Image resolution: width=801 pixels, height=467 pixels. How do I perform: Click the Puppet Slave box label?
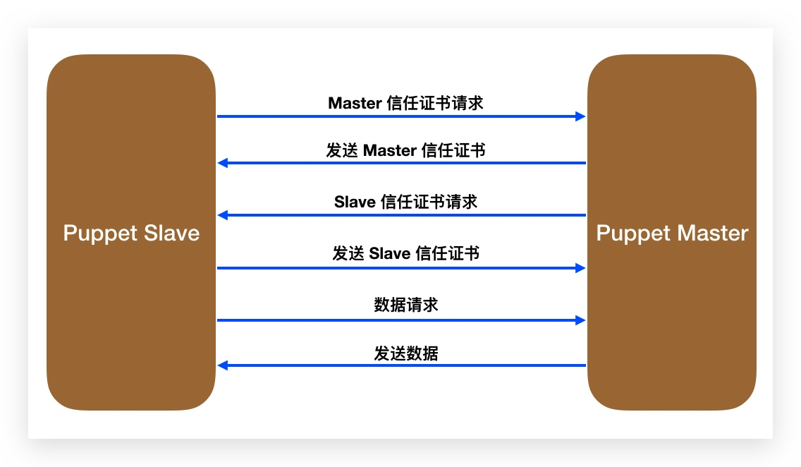pos(131,233)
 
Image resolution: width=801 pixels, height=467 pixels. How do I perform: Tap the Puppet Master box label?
pos(672,233)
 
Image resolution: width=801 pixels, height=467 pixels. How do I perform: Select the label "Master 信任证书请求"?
pos(405,103)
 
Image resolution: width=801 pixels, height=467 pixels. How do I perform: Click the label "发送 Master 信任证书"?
pos(405,150)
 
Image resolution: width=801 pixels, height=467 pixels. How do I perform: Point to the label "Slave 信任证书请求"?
pos(405,202)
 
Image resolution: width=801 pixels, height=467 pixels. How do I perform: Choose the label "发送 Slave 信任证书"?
pos(405,253)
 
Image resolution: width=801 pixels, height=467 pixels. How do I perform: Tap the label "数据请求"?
pos(405,305)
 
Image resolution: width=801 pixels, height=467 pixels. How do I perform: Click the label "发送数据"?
pos(405,353)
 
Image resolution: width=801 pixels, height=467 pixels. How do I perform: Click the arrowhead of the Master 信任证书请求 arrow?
pos(581,116)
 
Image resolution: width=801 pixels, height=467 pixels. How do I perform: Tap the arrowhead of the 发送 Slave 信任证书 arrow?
pos(581,268)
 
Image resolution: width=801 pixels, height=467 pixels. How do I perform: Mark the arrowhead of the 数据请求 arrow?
pos(581,320)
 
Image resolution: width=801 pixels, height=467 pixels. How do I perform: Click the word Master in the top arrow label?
pos(355,103)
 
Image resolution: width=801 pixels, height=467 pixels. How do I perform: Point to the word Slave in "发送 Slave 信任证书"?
pos(390,253)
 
